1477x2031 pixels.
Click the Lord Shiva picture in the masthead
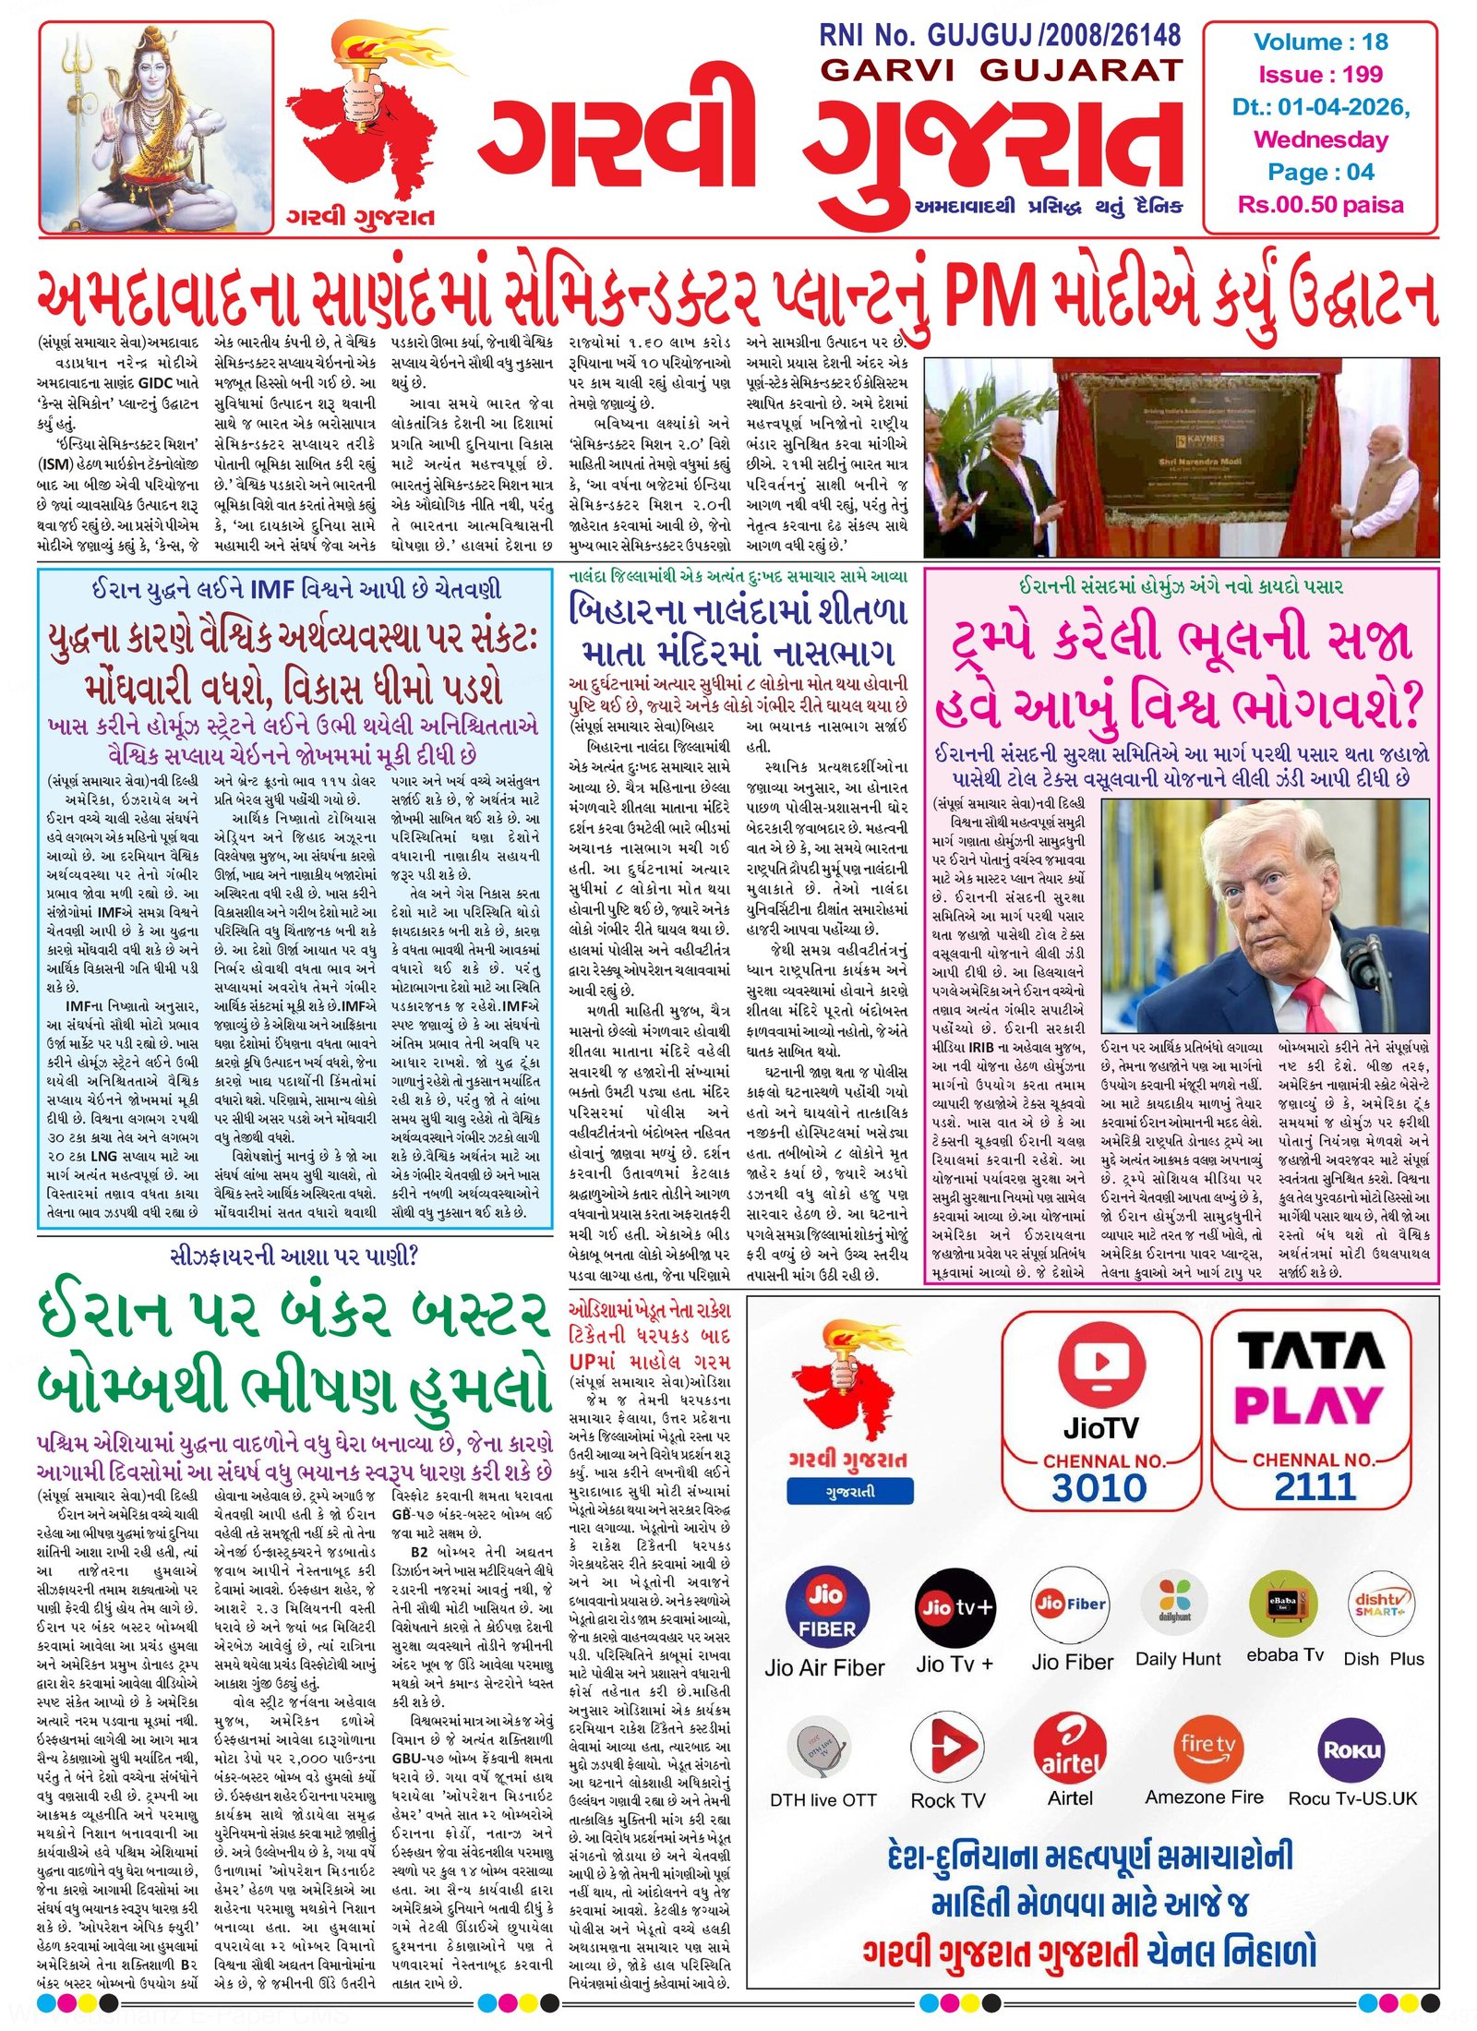click(x=155, y=127)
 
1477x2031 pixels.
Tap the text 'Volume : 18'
click(x=1320, y=42)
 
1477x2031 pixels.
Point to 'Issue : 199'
click(x=1320, y=75)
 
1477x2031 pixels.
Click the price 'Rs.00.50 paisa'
click(x=1320, y=205)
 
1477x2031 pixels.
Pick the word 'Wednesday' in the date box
click(x=1320, y=140)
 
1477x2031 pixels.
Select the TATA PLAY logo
click(x=1311, y=1376)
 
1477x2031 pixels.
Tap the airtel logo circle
click(x=1069, y=1747)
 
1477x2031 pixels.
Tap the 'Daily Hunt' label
click(x=1177, y=1659)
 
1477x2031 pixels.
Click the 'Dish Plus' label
click(x=1383, y=1659)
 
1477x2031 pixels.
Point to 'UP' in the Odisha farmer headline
click(x=582, y=1362)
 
